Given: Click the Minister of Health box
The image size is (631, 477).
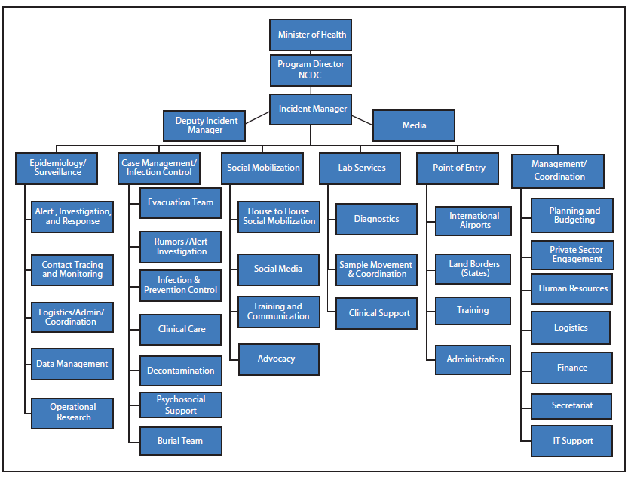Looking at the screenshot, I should tap(311, 35).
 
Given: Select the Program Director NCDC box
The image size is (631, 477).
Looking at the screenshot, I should tap(311, 69).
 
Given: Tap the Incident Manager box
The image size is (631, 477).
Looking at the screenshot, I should tap(312, 109).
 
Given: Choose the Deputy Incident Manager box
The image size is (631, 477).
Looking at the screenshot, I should tap(205, 125).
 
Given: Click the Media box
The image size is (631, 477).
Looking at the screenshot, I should tap(414, 125).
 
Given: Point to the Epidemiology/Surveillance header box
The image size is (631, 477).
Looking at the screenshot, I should tap(58, 168).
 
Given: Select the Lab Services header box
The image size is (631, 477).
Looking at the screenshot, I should tap(363, 168).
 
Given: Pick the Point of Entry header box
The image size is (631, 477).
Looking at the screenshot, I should tap(458, 168).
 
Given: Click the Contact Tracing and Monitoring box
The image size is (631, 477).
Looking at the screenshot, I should tap(72, 269).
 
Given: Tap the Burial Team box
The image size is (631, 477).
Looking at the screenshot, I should tap(180, 441).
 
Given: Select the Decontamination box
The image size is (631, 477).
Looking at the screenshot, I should tap(180, 371).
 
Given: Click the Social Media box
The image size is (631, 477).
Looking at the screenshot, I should tap(278, 269).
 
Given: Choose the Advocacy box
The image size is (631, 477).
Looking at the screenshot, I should tap(278, 359).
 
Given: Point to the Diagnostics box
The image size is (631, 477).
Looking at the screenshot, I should tap(376, 219).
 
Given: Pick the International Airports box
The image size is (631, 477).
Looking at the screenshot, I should tap(473, 220).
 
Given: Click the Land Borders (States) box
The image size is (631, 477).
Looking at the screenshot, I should tap(473, 269).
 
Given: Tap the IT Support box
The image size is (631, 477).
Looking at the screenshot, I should tap(571, 441).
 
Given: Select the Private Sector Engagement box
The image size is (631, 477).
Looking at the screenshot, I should tap(571, 254).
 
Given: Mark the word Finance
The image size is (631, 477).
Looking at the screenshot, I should tap(571, 368).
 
